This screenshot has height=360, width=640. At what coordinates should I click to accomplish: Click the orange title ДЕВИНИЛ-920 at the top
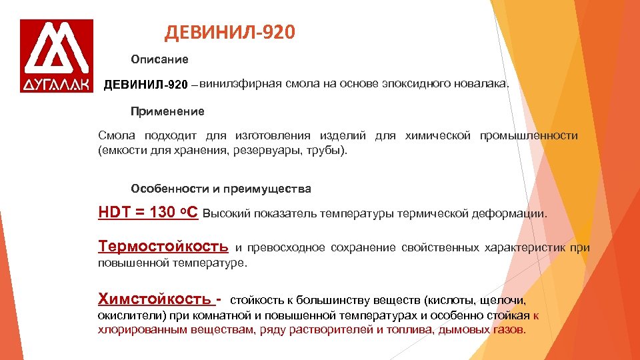229,32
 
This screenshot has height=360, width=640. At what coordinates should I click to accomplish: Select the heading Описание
159,59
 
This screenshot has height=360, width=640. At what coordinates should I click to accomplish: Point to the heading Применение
167,111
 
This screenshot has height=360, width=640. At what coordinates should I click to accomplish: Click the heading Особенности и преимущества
221,189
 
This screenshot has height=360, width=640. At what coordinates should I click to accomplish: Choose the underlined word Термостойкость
163,247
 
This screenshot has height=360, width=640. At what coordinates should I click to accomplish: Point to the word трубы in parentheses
327,151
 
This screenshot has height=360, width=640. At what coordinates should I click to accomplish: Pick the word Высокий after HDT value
225,215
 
